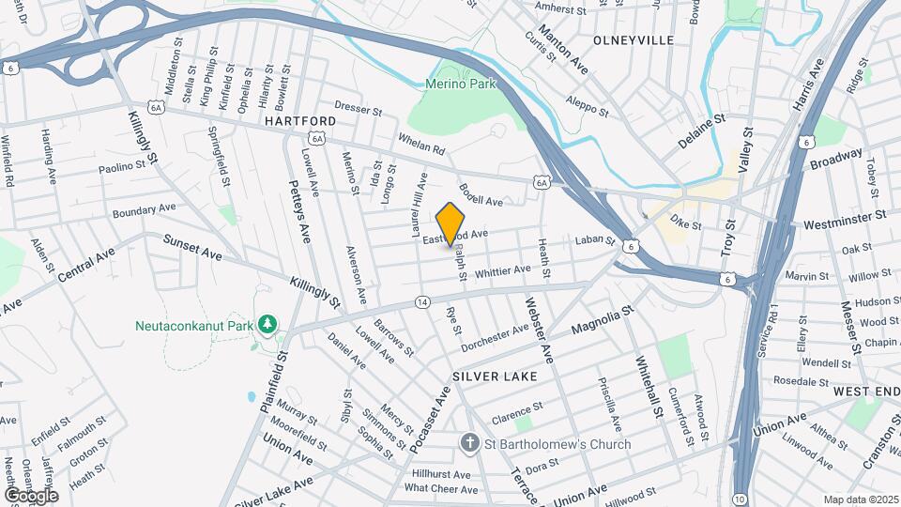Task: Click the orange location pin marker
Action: pos(450,223)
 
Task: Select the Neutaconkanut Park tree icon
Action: pos(268,323)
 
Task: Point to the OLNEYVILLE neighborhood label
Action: pos(634,40)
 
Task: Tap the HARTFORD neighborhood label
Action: pos(299,121)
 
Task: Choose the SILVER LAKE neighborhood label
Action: pos(495,376)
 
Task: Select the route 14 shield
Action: pos(422,302)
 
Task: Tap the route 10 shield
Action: pos(741,497)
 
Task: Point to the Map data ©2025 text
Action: pos(860,499)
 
